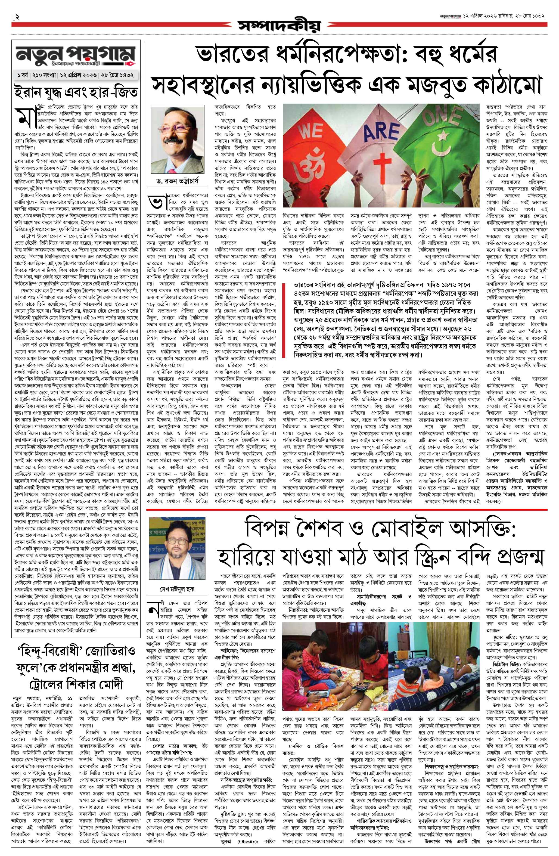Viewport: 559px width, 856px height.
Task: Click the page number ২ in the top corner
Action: point(17,16)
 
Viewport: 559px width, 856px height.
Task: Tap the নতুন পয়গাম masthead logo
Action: point(76,58)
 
